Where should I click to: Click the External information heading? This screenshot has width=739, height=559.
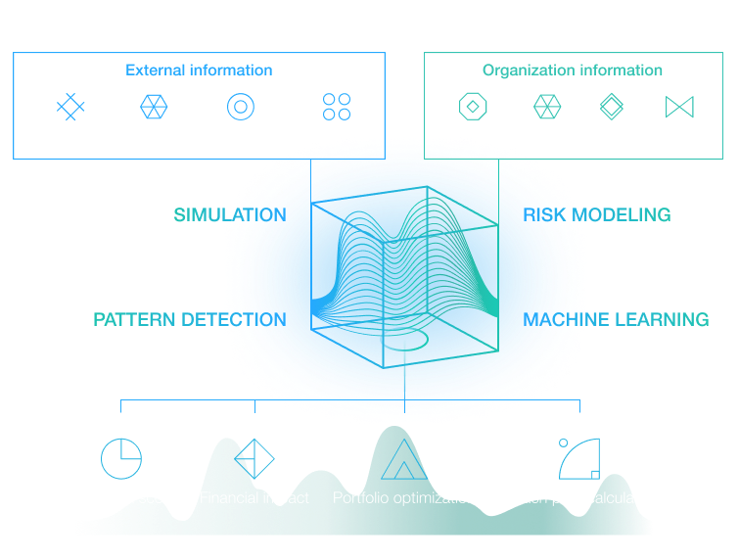[x=199, y=70]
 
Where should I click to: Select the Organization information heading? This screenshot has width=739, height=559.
[x=572, y=70]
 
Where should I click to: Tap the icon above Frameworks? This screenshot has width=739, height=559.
[x=70, y=106]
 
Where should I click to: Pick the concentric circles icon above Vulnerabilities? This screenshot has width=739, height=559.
[x=241, y=106]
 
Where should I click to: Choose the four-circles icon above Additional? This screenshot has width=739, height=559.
[x=337, y=106]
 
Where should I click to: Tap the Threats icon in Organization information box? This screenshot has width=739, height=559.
[x=546, y=106]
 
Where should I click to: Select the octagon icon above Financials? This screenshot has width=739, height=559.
[x=473, y=106]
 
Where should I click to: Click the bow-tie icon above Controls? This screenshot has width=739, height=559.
[x=678, y=106]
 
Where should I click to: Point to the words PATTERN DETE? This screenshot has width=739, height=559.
[x=162, y=320]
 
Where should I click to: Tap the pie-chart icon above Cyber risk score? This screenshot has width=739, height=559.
[x=121, y=457]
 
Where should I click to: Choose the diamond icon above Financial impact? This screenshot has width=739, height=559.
[x=254, y=457]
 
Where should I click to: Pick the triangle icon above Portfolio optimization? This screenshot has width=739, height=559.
[x=402, y=457]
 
